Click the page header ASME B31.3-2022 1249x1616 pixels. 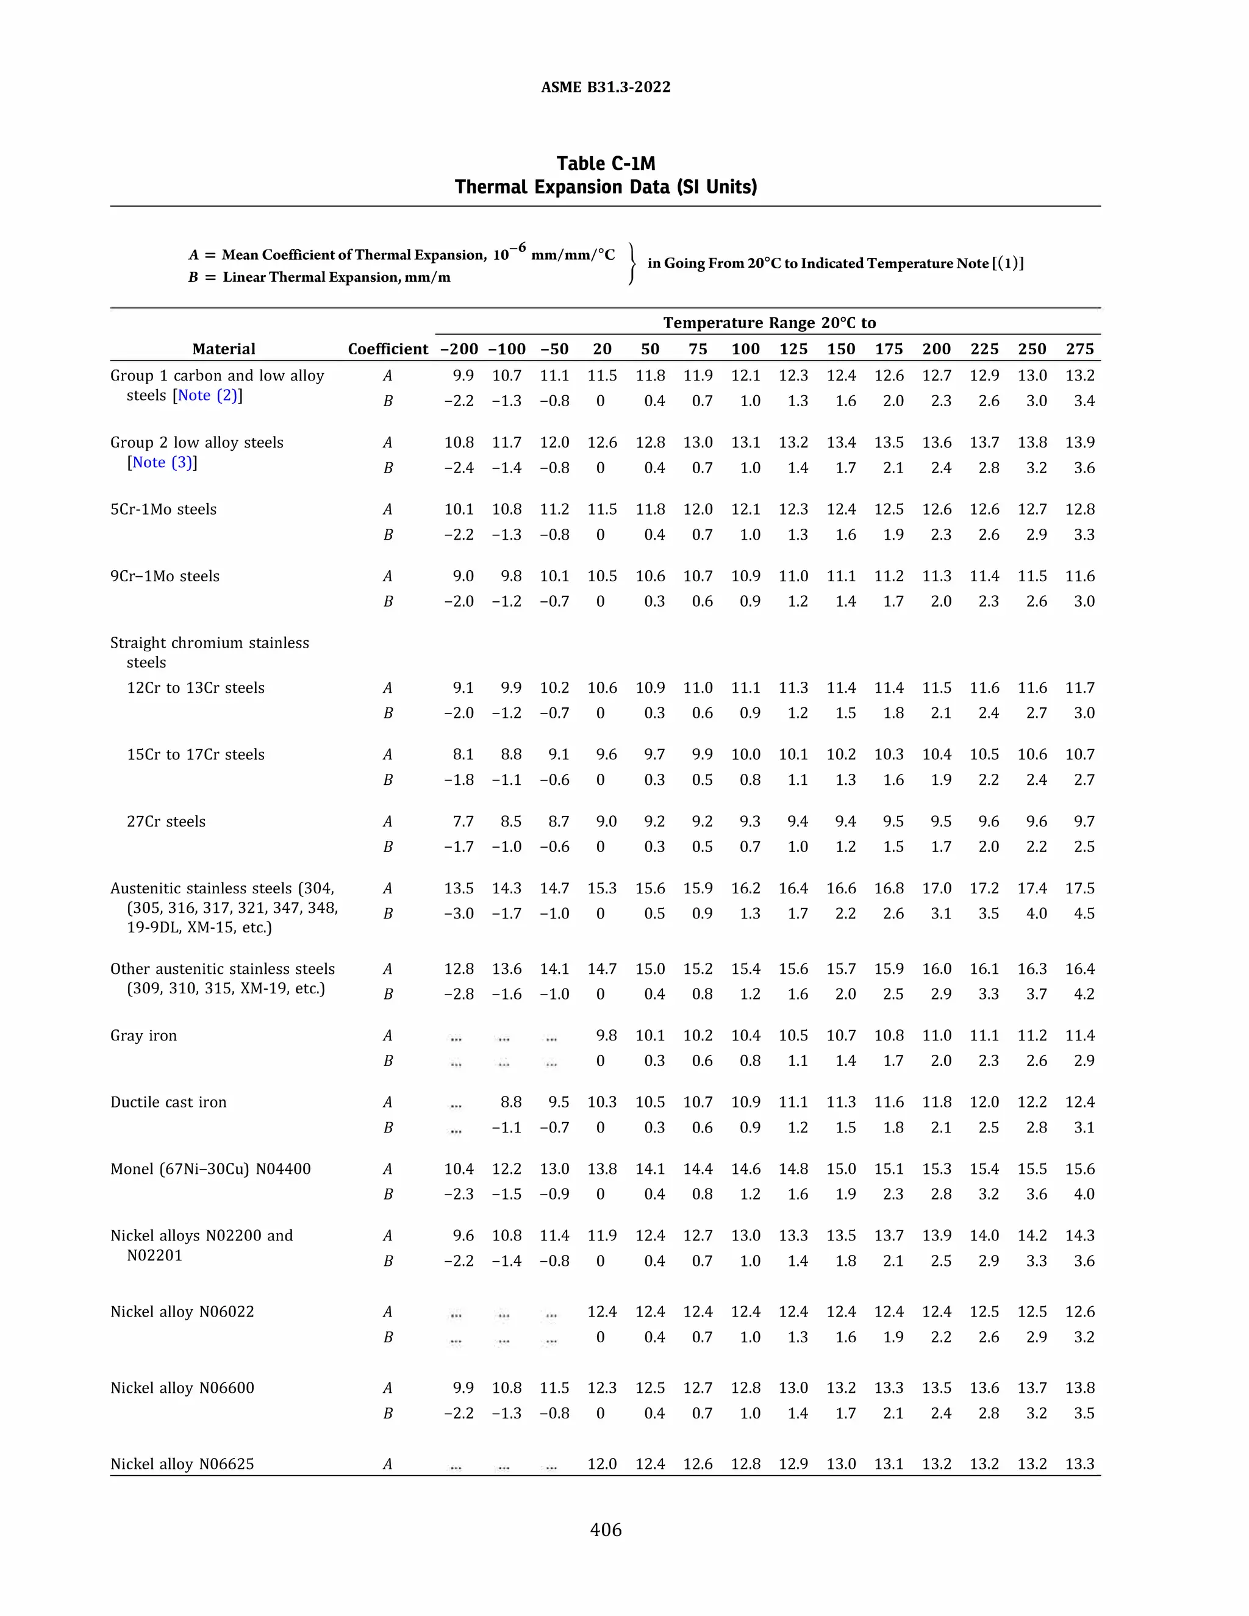point(605,87)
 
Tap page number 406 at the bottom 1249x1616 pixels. point(605,1529)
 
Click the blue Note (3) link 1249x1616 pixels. point(163,462)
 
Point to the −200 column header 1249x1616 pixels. point(459,349)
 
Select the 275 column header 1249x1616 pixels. point(1079,349)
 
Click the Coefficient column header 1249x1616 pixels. point(388,349)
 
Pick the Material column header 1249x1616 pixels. point(223,349)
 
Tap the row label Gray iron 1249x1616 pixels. point(143,1036)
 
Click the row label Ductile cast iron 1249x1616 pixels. point(169,1103)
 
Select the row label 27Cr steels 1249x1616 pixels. point(166,821)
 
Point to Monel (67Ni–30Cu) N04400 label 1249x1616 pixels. point(211,1169)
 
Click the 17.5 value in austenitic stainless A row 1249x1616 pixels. point(1079,888)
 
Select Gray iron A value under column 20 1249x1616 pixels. point(606,1036)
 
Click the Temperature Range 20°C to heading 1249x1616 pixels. point(769,323)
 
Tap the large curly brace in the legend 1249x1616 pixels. point(632,264)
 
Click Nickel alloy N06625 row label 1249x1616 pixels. point(182,1464)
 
